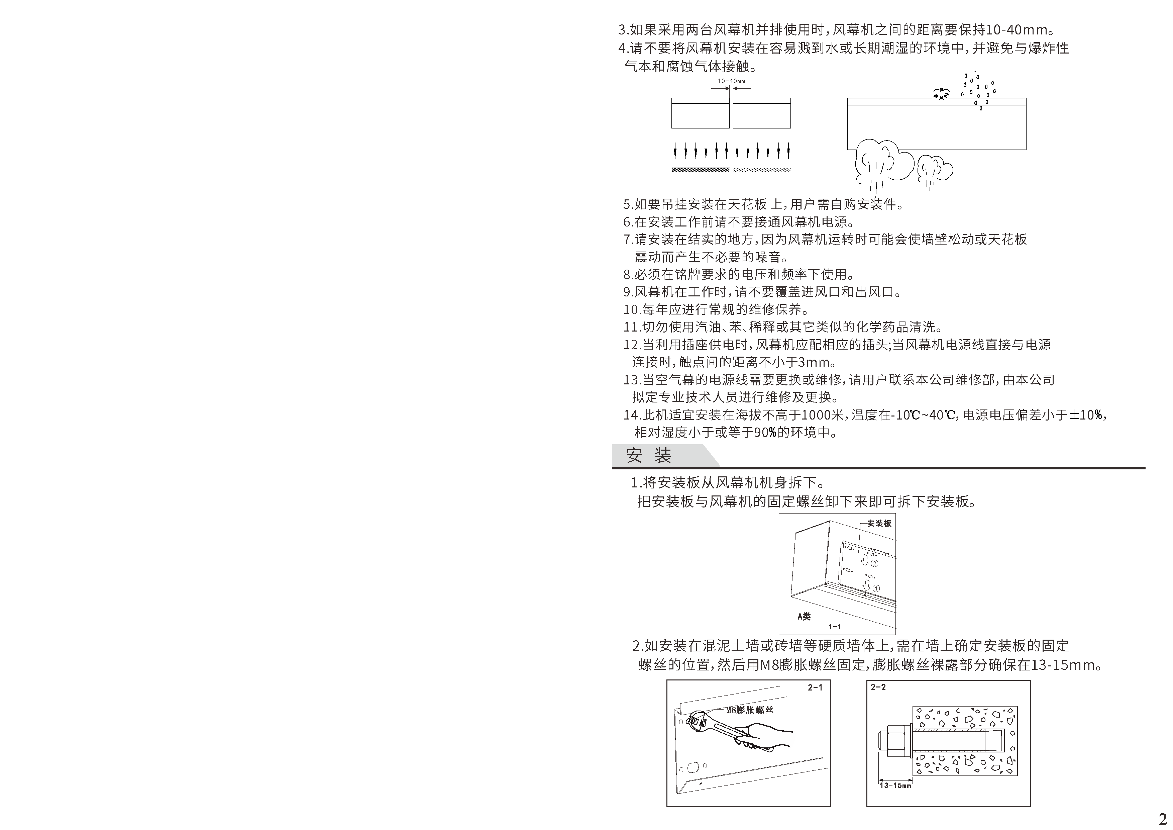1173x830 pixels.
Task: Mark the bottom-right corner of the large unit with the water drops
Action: pos(1026,150)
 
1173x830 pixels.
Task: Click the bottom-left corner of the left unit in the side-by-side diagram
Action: pos(672,128)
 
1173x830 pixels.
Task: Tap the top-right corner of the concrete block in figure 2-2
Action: pos(1017,707)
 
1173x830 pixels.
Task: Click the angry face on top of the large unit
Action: pos(941,94)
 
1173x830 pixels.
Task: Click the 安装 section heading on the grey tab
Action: pos(649,455)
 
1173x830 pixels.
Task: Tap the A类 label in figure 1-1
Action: pos(804,616)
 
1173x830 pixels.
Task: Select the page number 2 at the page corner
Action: pos(1162,817)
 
